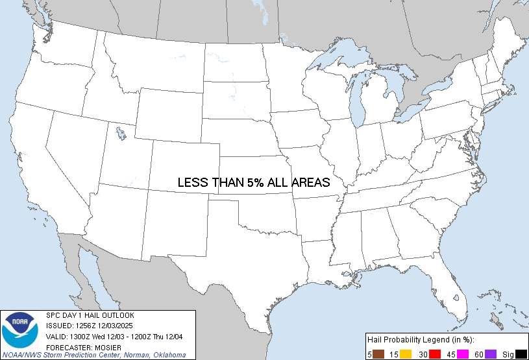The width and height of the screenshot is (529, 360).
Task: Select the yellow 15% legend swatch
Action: click(406, 354)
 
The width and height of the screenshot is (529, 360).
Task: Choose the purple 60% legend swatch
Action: click(491, 354)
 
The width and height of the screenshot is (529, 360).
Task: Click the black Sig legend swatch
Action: click(520, 354)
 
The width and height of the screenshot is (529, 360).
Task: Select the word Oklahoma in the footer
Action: click(168, 355)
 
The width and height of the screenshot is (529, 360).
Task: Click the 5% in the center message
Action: click(254, 183)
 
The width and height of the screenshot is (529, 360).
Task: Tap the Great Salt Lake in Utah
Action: click(121, 134)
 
